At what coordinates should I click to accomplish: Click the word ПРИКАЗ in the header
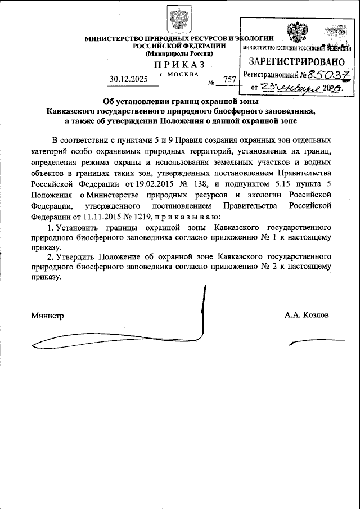coord(180,67)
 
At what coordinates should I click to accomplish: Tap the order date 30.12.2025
coord(128,79)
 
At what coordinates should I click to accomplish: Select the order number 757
coord(229,79)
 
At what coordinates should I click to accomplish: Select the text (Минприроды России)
coord(179,53)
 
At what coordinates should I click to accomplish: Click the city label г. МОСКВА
coord(179,74)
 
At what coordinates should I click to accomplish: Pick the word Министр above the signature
coord(48,315)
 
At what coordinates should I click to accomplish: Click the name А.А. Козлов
coord(307,315)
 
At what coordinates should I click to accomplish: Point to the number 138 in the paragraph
coord(202,184)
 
